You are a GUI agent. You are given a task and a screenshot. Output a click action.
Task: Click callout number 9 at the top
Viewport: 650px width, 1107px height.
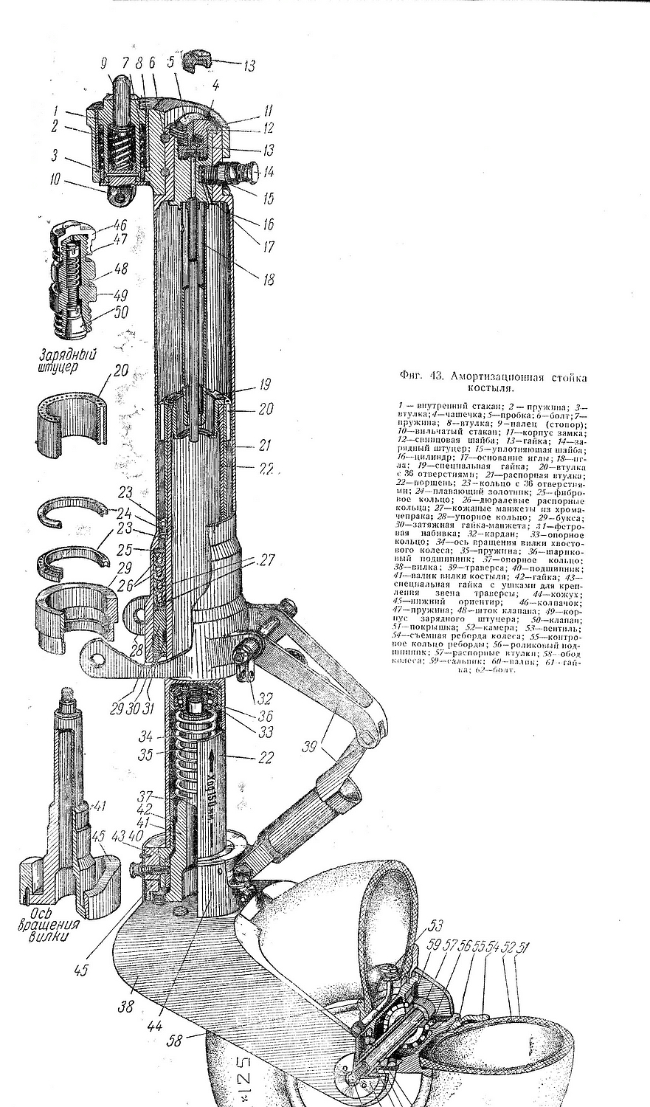pos(103,63)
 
